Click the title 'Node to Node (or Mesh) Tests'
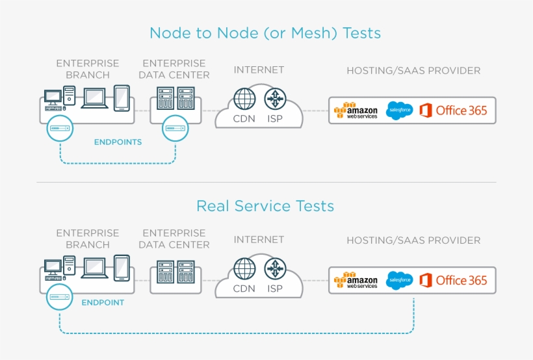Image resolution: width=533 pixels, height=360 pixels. point(265,32)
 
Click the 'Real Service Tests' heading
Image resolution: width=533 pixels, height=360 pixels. point(265,206)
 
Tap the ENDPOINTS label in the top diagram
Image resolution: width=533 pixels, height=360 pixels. point(118,142)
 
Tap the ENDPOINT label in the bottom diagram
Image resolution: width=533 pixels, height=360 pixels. point(103,303)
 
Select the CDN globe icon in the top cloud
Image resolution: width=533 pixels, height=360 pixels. point(244,99)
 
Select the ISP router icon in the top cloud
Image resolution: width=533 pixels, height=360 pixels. point(276,99)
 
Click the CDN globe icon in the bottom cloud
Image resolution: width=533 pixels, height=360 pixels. point(244,268)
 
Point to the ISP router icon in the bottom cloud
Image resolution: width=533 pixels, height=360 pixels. point(276,268)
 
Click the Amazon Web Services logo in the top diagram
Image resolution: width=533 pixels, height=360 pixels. point(356,110)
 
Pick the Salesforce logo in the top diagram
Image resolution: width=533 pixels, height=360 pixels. point(399,110)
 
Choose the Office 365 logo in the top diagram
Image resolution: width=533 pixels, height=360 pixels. point(453,110)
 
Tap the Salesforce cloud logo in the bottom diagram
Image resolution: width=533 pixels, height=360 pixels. point(399,280)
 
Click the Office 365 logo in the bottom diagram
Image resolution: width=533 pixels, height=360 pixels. point(453,280)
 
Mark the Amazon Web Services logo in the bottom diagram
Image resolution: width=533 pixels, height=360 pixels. point(356,280)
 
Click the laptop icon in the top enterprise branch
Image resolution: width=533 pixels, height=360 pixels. point(95,97)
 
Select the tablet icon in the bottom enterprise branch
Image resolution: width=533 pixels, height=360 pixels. point(122,268)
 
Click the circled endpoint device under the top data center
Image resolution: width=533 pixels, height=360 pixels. point(175,129)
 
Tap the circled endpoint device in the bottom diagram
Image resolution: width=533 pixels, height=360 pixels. point(59,297)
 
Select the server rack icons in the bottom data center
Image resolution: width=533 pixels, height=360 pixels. point(176,272)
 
